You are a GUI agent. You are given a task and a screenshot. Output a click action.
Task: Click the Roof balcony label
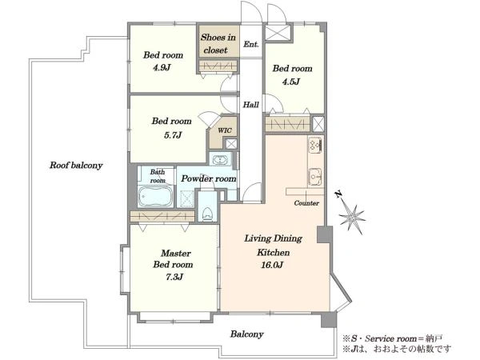pyautogui.click(x=76, y=166)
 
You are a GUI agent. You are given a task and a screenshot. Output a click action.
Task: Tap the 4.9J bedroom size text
pyautogui.click(x=162, y=68)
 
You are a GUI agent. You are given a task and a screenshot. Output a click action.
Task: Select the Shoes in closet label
pyautogui.click(x=218, y=43)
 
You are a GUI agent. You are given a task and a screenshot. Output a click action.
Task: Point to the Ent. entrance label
pyautogui.click(x=251, y=44)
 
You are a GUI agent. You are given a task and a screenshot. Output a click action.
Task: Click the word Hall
pyautogui.click(x=250, y=105)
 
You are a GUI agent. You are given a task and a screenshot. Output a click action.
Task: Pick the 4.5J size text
pyautogui.click(x=291, y=82)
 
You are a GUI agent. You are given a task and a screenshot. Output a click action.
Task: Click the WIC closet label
pyautogui.click(x=224, y=130)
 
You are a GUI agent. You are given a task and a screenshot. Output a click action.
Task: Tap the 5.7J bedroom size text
pyautogui.click(x=173, y=135)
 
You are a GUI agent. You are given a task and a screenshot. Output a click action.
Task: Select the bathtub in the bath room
pyautogui.click(x=155, y=196)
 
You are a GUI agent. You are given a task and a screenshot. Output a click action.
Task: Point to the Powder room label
pyautogui.click(x=209, y=178)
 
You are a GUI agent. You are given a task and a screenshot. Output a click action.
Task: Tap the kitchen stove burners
pyautogui.click(x=315, y=146)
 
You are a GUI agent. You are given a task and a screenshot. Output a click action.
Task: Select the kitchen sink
pyautogui.click(x=315, y=177)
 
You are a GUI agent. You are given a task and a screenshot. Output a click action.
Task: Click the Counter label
pyautogui.click(x=306, y=203)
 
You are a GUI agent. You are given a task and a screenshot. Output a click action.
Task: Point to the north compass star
pyautogui.click(x=352, y=216)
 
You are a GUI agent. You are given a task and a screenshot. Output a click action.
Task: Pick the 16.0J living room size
pyautogui.click(x=271, y=265)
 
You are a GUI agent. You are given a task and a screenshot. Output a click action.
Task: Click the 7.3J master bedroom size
pyautogui.click(x=174, y=277)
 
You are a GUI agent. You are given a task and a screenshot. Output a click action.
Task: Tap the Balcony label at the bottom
pyautogui.click(x=246, y=334)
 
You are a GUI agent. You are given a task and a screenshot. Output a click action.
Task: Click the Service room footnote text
pyautogui.click(x=392, y=338)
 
